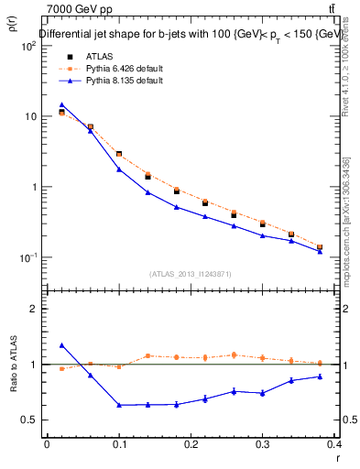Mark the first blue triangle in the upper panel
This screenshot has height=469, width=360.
click(x=61, y=105)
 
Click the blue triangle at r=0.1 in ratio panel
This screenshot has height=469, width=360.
click(x=119, y=405)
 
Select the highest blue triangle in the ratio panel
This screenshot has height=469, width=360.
click(x=61, y=345)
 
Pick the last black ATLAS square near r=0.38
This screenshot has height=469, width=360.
click(x=321, y=247)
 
